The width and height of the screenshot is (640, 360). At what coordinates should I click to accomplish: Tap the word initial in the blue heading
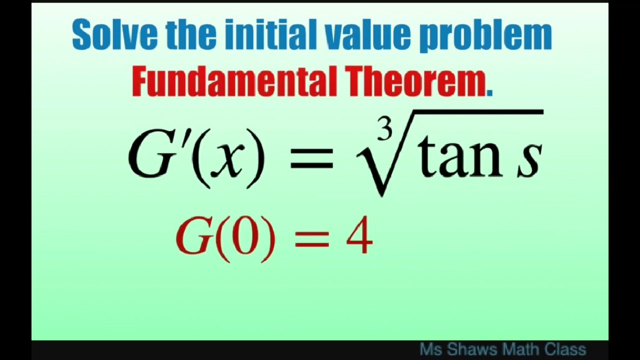(270, 35)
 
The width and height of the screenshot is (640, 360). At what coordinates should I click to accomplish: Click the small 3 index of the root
(384, 131)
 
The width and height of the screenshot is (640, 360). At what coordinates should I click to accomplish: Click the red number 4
(359, 235)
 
